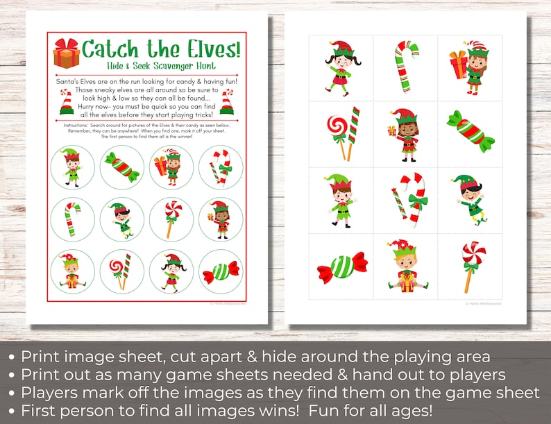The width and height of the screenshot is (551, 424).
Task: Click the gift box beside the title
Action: (66, 53)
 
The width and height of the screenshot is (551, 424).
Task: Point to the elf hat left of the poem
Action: (66, 103)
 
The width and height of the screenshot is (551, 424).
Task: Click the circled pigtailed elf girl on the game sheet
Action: (171, 271)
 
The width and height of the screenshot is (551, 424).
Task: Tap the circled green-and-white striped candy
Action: (221, 271)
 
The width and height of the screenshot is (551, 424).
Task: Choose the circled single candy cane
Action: (72, 219)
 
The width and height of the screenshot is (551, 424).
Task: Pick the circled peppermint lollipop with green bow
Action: (171, 219)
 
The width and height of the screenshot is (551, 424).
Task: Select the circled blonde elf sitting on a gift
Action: (72, 271)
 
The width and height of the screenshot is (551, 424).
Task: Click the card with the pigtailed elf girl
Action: (341, 67)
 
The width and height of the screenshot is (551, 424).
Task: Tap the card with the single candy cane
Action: (406, 67)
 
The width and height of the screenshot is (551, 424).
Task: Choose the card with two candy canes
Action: (406, 200)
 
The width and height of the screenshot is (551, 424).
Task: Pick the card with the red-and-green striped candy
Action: (471, 132)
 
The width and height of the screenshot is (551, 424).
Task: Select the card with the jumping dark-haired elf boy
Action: (471, 200)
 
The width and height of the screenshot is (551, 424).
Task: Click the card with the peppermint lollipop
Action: (471, 266)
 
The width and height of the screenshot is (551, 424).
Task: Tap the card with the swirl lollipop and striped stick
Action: (341, 132)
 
